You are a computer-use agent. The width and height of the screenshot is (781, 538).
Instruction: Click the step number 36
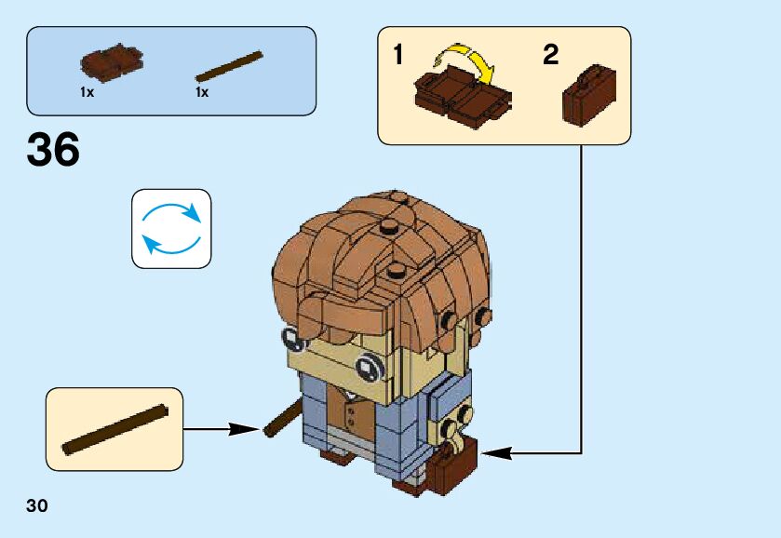point(54,151)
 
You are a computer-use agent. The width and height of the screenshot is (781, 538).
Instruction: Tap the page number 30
point(37,506)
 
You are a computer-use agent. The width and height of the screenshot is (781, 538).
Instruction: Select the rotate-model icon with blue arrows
point(171,229)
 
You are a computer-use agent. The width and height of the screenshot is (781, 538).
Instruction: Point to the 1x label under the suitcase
point(87,93)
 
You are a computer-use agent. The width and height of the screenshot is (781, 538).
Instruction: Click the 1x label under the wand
point(202,93)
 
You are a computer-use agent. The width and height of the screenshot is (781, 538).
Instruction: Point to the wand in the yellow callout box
point(114,429)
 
